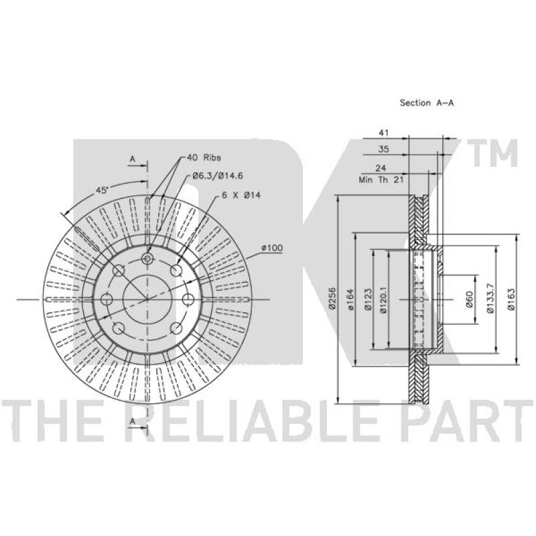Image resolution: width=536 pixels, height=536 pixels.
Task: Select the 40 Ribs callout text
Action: pyautogui.click(x=202, y=157)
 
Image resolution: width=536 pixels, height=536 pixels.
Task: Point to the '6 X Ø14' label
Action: pyautogui.click(x=241, y=194)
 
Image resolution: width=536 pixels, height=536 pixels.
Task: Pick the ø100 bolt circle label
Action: pyautogui.click(x=272, y=248)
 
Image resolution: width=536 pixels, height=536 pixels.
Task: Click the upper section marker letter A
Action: pyautogui.click(x=133, y=159)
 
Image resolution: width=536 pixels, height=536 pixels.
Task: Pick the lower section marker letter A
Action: pyautogui.click(x=133, y=420)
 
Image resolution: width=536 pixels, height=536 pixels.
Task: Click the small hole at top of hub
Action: pyautogui.click(x=148, y=259)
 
